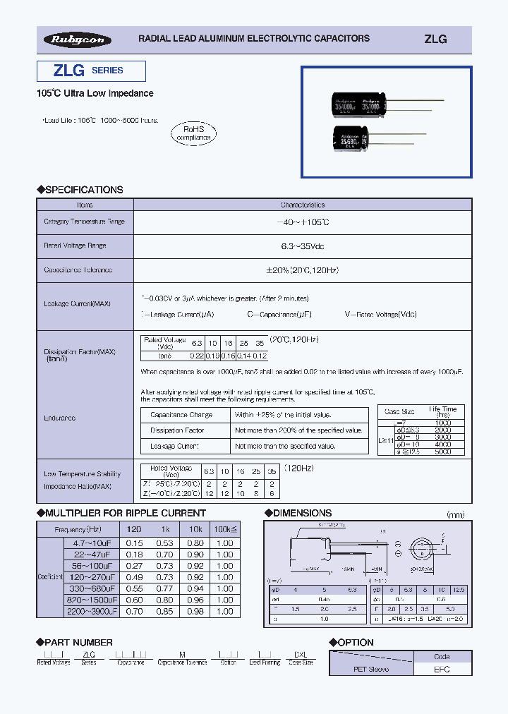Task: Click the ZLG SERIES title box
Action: point(91,71)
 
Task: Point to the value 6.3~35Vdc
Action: point(302,246)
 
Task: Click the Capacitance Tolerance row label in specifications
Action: point(78,270)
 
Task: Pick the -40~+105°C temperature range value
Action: point(302,222)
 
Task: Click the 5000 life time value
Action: point(444,452)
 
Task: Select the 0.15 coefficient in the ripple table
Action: point(134,543)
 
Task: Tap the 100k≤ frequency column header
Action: point(224,529)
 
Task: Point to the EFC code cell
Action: point(441,669)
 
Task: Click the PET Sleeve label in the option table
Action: point(370,669)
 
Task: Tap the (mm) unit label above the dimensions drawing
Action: point(457,514)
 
